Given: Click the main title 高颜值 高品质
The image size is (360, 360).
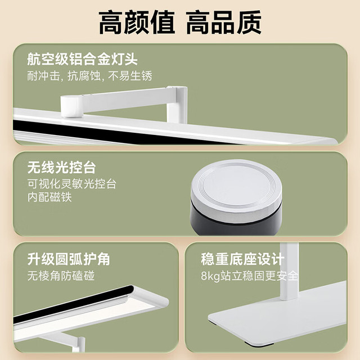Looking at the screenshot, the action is tap(180, 22).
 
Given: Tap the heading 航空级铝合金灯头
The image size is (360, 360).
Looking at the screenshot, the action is tap(82, 59).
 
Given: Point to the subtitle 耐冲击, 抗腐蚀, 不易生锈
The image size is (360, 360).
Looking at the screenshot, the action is tap(89, 76).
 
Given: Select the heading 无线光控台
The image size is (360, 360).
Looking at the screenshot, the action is tap(61, 167).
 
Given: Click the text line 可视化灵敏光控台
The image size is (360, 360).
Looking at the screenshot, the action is tap(72, 184).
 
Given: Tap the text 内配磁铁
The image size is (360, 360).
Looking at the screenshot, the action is tap(49, 197).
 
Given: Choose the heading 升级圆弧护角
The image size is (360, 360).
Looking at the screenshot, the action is tap(69, 259).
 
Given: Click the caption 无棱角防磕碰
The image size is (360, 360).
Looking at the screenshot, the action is tap(61, 276).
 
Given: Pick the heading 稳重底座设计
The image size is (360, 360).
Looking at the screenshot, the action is tap(242, 259).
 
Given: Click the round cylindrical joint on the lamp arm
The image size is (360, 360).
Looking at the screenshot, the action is tap(71, 106).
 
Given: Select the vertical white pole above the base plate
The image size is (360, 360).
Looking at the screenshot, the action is tap(289, 271).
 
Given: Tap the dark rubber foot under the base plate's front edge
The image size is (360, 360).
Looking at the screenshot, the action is tap(259, 344).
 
